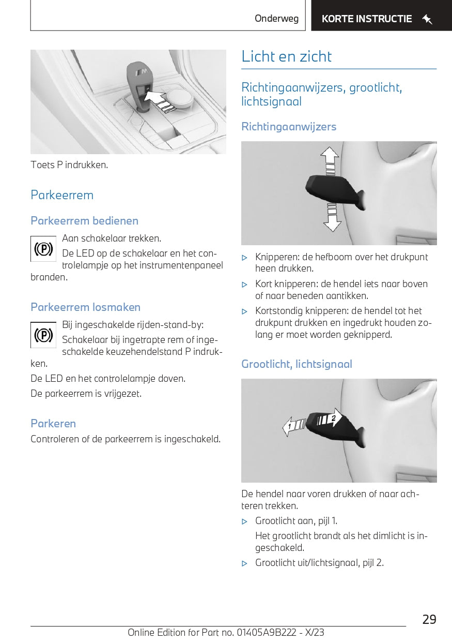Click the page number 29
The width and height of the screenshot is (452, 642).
tap(429, 619)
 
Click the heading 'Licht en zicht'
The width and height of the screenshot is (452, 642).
tap(286, 56)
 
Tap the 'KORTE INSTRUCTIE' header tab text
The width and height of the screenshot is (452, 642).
tap(366, 19)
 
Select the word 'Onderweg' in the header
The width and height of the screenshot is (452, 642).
tap(276, 19)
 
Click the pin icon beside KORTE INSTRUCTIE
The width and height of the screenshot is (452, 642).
tap(427, 20)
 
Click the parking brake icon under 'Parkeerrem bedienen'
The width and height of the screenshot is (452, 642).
tap(43, 249)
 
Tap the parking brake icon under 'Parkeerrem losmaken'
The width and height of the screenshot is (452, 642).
tap(43, 335)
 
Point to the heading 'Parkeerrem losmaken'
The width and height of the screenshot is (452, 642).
tap(85, 307)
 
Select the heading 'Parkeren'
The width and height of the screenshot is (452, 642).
tap(53, 424)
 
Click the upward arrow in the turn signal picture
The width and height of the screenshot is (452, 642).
tap(329, 158)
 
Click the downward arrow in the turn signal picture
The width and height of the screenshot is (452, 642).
tap(332, 219)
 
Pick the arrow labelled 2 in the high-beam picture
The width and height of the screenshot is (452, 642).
tap(330, 417)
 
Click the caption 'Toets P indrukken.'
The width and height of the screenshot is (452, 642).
tap(69, 165)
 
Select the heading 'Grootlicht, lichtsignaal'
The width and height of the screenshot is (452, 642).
tap(297, 364)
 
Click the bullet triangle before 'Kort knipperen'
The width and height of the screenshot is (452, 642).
tap(245, 285)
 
